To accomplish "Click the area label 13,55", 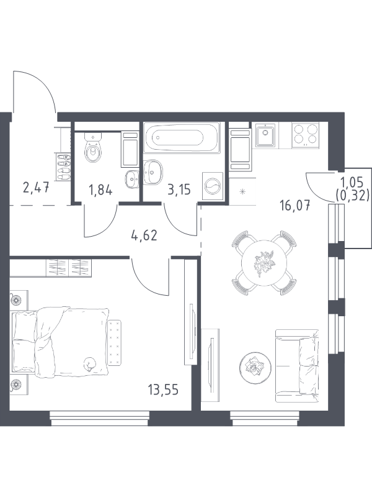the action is coord(163,390).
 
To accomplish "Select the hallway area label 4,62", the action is coord(144,235).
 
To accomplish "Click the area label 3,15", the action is coord(178,190).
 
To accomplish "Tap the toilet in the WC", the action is coord(93,148).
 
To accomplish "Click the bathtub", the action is coord(182,137).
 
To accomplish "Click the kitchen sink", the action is coord(265,134).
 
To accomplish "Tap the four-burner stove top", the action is coord(306,134).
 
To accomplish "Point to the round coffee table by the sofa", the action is coord(255,367).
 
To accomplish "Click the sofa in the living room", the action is coord(297,366).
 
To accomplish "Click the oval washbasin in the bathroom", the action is coord(153,172).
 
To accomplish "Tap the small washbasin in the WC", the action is coord(131,180).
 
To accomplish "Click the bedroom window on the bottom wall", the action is coord(100,418).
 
